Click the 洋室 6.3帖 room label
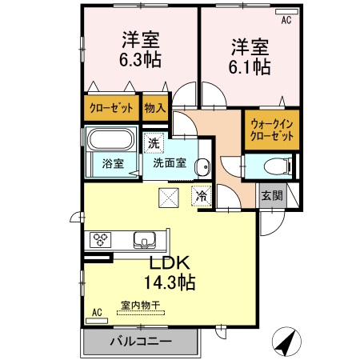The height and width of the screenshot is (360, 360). (140, 49)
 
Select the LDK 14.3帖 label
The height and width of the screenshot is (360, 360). (170, 272)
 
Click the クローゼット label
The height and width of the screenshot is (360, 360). (110, 107)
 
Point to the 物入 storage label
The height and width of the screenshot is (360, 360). (155, 107)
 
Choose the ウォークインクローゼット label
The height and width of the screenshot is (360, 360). (272, 130)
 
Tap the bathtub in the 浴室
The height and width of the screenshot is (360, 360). (112, 142)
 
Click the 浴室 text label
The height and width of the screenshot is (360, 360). (112, 164)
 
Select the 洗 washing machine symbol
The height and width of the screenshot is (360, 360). (154, 144)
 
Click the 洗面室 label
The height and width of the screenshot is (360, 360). (170, 162)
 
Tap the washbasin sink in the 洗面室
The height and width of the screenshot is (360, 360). (202, 167)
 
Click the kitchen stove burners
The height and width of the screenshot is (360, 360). (102, 238)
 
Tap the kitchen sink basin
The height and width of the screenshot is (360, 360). (146, 238)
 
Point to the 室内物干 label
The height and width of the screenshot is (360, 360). (139, 305)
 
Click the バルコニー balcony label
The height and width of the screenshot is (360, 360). (140, 342)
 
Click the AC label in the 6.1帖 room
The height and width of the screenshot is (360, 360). (286, 18)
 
